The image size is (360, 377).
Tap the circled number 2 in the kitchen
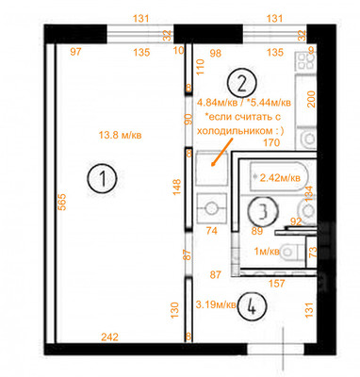[242, 82]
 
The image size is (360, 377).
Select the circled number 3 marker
[268, 209]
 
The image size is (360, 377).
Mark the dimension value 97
[74, 53]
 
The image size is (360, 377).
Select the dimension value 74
[212, 230]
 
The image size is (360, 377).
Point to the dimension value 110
[200, 67]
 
